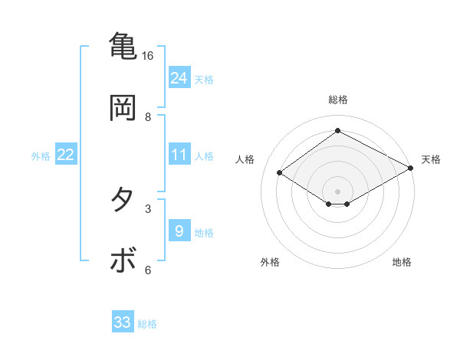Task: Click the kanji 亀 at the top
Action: coord(123,45)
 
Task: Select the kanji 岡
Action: coord(123,107)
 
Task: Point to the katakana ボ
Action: coord(123,260)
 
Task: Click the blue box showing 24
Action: coord(179,78)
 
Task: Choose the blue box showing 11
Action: coord(179,155)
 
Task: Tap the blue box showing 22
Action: coord(66,155)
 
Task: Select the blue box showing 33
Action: coord(123,322)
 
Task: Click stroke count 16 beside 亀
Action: coord(147,56)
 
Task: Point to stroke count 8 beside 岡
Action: coord(148,117)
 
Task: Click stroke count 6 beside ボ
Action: coord(148,270)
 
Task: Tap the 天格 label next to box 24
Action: coord(204,79)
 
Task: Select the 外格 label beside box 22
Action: coord(41,155)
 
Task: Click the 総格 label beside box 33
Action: coord(147,324)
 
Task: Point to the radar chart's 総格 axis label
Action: coord(338,100)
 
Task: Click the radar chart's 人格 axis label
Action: coord(245,159)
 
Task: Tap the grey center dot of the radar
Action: coord(338,191)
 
